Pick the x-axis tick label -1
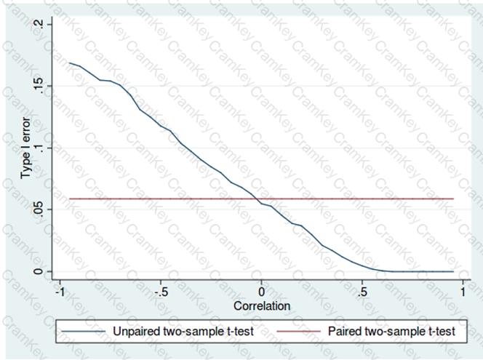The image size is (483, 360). (x=60, y=291)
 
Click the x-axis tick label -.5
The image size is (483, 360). (x=161, y=291)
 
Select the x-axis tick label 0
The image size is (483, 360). (x=262, y=291)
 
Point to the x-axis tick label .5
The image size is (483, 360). (x=362, y=291)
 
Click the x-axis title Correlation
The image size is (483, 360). (x=262, y=306)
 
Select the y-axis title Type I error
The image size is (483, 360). (x=25, y=148)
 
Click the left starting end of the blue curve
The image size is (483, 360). (x=70, y=63)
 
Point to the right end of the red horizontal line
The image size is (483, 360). (x=453, y=199)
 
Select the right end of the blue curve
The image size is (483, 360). (x=453, y=271)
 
